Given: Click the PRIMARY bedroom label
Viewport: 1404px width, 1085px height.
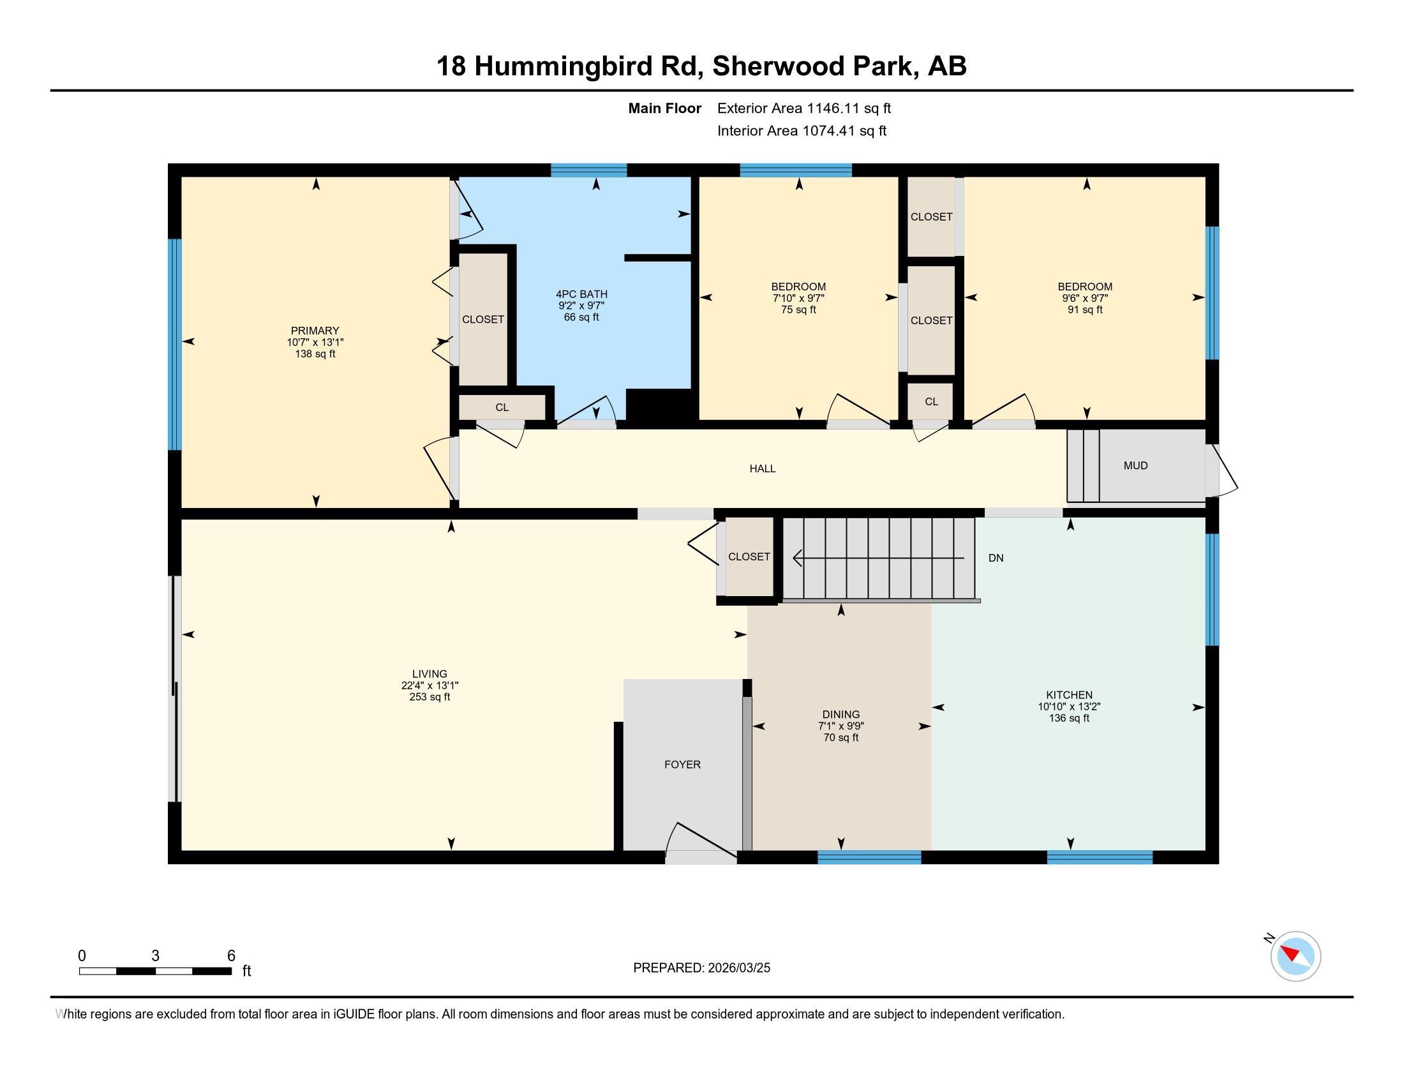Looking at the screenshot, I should (315, 331).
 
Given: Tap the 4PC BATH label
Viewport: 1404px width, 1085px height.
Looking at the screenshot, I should (581, 294).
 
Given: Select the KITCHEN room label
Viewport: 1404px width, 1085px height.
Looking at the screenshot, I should (1069, 695).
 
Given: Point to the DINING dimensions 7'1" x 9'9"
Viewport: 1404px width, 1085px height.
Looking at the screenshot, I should (841, 726).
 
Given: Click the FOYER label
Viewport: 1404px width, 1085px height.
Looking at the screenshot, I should (682, 764).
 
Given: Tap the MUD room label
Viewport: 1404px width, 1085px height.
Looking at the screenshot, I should (1135, 465).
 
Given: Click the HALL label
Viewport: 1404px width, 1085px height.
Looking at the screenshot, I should (763, 468).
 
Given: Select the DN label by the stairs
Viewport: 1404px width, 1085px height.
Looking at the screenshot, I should (996, 558).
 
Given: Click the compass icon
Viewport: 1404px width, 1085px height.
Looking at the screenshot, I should (1295, 956).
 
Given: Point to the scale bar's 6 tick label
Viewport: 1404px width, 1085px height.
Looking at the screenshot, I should (232, 955).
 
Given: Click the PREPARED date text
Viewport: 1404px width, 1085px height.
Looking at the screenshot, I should (701, 968).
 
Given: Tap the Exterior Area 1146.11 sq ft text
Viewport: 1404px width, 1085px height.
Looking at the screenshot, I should (803, 108).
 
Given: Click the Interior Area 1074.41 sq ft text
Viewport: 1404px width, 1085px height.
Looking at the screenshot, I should (802, 130).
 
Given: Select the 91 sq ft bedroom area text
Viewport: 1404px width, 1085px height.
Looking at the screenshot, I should (1084, 309).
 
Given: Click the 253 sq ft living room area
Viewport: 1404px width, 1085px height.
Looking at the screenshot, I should (429, 697).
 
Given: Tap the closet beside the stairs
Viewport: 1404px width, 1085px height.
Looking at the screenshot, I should (749, 557).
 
